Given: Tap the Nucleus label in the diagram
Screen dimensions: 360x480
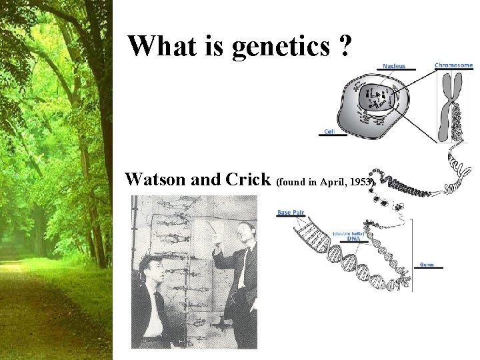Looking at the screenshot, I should pos(394,66).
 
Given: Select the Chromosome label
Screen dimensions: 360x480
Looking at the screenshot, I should pos(454,65).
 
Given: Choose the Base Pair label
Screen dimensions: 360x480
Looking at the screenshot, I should pos(291,213).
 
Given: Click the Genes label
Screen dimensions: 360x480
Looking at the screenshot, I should pos(427,265).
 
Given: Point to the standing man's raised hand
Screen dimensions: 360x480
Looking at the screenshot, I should pos(212,227).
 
